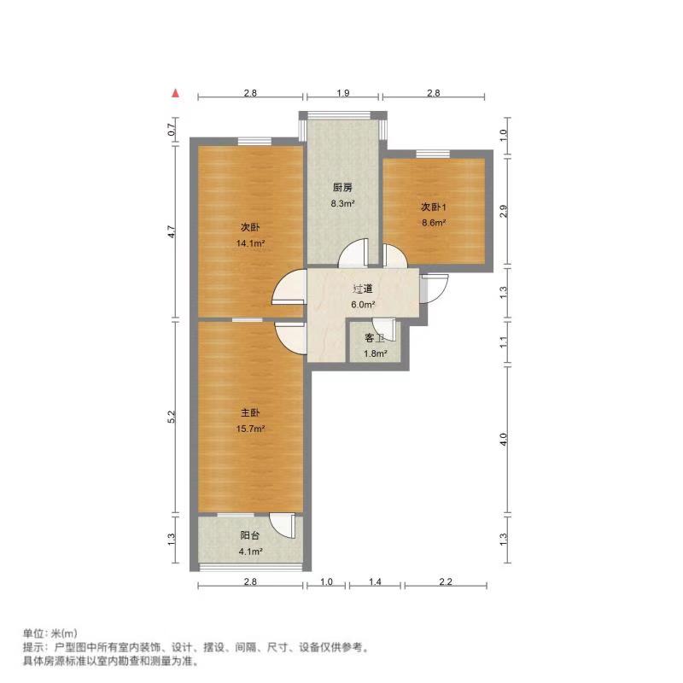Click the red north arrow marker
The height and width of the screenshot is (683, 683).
tap(175, 93)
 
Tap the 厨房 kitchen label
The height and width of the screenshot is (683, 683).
tap(342, 188)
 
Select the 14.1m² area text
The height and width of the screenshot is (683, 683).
tap(250, 243)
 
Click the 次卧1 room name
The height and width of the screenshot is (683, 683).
tap(433, 207)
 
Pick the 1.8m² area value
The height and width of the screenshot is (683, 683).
tap(376, 353)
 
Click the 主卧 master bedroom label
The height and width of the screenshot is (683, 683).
tap(250, 413)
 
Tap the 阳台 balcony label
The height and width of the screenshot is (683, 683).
tap(249, 536)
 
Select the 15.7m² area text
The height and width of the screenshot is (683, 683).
tap(250, 429)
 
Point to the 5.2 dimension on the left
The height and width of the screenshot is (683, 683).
tap(172, 417)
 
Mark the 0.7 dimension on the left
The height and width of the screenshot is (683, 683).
tap(172, 131)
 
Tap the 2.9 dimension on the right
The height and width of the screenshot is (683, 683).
tap(504, 211)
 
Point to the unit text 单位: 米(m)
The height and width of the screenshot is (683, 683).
tap(50, 633)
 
